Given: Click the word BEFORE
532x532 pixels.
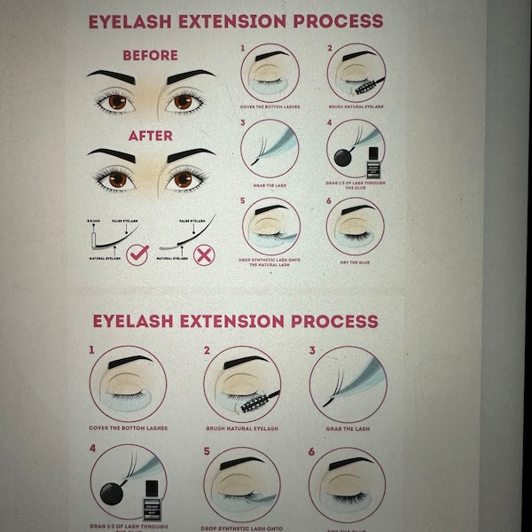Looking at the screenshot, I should coord(150,55).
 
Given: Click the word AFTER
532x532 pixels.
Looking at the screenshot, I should coord(150,136).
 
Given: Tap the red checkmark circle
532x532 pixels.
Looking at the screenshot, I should coord(136,256).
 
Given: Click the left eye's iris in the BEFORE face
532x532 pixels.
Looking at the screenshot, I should coord(116,102).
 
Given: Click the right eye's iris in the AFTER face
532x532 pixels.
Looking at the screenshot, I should coord(184,180).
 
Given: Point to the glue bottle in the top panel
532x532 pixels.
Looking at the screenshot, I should coord(373,165).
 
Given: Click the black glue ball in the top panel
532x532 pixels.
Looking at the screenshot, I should coord(342,160).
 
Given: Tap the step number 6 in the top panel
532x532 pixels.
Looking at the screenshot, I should coord(329,201).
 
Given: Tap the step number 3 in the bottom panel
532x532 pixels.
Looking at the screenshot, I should coord(312,350).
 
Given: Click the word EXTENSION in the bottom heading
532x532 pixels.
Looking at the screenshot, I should coord(231,321).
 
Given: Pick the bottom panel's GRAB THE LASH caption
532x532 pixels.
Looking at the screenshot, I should coord(348,428).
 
